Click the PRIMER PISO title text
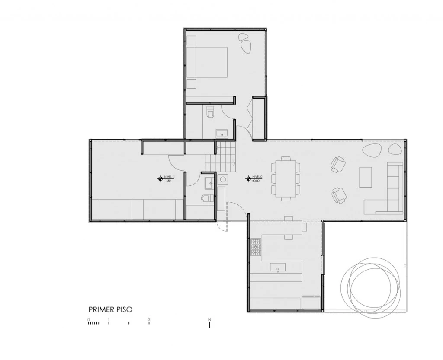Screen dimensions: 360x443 point(110,309)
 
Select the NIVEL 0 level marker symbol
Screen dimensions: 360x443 point(248,178)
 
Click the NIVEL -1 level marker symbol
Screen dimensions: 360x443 point(160,178)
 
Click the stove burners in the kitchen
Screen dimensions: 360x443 point(256,247)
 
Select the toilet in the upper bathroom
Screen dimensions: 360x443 point(211,112)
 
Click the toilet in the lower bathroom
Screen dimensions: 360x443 point(207,198)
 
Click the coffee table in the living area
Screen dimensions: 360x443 point(366,177)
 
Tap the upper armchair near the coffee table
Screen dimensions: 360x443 point(338,164)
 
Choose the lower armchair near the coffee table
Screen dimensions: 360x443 point(339,195)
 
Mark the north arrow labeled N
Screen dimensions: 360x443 point(210,323)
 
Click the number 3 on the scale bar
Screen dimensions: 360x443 point(149,320)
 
